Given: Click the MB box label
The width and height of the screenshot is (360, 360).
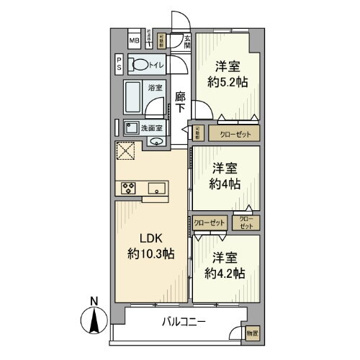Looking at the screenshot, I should [x=134, y=41].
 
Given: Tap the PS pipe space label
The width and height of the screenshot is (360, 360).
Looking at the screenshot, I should [x=119, y=64].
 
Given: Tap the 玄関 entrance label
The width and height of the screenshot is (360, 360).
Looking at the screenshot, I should [x=186, y=42].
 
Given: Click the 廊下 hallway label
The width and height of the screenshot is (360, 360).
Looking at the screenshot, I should [x=181, y=102].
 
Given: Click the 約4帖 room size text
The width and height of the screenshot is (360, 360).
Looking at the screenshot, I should [x=226, y=184].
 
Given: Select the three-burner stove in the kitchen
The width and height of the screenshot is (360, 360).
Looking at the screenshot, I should [x=130, y=189].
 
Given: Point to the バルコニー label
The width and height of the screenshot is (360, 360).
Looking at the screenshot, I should [x=183, y=323].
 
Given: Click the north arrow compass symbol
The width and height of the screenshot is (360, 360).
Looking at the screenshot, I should [x=94, y=318].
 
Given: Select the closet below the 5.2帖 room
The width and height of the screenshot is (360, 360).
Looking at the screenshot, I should [x=230, y=133].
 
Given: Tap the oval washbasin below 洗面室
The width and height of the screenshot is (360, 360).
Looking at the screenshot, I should [x=157, y=142].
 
